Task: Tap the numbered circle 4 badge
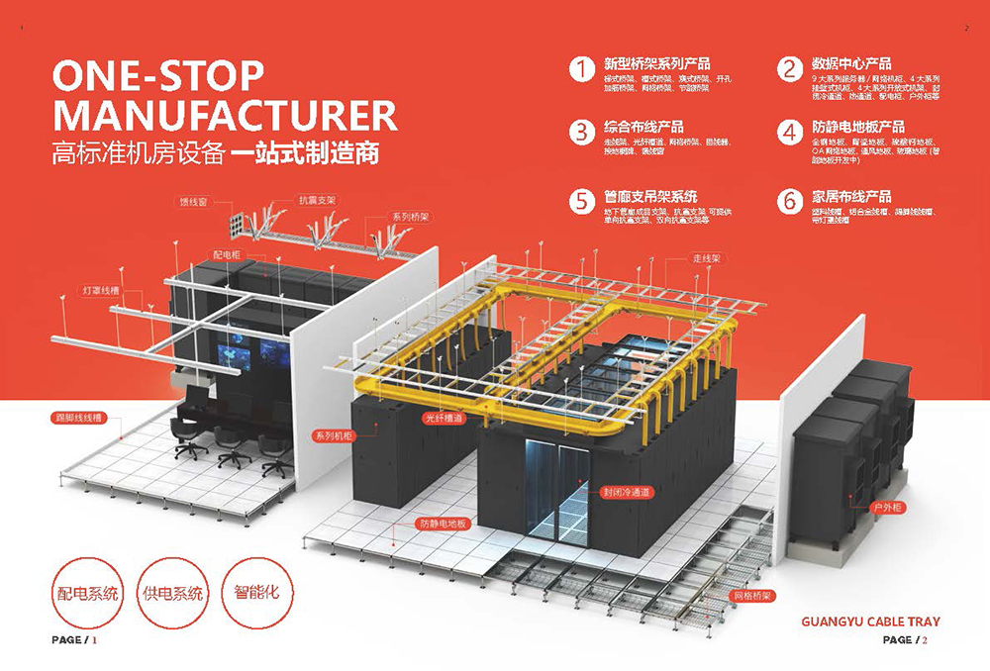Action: coord(789,133)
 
